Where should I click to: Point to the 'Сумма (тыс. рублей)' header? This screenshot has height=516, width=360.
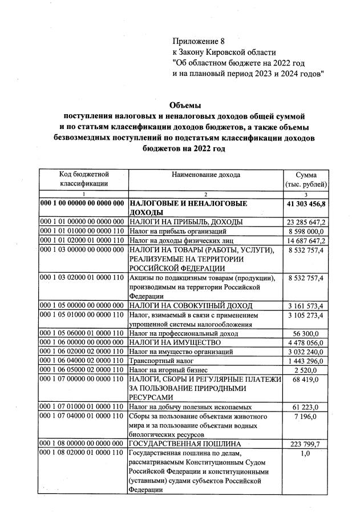click(x=306, y=179)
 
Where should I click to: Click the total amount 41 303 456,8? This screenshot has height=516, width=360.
click(x=306, y=204)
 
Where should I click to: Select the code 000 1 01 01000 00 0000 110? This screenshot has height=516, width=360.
click(x=83, y=231)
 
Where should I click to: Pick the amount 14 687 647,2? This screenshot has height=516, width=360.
click(x=306, y=241)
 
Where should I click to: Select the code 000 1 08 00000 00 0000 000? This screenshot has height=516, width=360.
click(x=83, y=443)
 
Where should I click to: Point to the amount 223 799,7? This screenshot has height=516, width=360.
click(x=309, y=443)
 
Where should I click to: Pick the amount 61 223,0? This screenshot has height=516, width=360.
click(x=311, y=406)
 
